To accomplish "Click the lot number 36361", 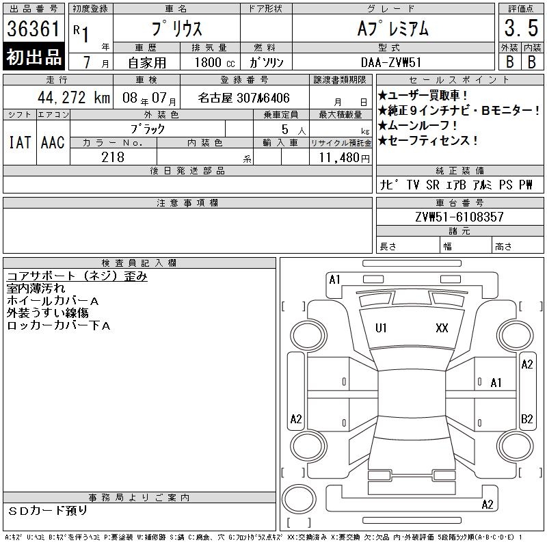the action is [34, 29].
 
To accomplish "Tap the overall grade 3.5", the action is [521, 28].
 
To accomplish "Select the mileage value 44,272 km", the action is [74, 97].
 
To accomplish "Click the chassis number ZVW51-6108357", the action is [459, 217].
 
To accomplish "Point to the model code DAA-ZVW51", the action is [391, 62].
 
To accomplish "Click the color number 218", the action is [113, 157].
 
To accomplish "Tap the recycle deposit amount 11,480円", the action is [344, 158].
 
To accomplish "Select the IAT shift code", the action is [20, 142].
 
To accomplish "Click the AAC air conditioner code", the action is [53, 142].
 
